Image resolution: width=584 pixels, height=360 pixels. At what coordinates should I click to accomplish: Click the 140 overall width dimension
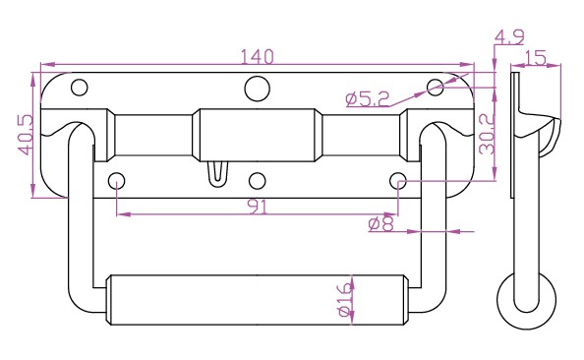pos(257,57)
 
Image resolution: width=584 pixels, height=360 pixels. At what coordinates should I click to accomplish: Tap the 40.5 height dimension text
pos(27,135)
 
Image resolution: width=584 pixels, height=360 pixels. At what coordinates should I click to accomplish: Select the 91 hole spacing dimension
pos(259,208)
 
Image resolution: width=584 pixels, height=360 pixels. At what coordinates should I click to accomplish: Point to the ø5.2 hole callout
pos(368,99)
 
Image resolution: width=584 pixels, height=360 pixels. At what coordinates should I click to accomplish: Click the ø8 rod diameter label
pos(380,224)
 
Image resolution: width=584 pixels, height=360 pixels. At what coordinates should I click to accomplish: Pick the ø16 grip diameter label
pos(345,299)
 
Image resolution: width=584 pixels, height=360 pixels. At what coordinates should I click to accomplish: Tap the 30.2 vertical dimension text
pos(487,134)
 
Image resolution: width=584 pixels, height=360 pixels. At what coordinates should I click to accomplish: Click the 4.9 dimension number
pos(509,37)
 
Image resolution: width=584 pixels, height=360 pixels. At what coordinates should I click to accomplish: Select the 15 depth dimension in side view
pos(536,58)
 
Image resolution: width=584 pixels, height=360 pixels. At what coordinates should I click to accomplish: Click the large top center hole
pos(257,89)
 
